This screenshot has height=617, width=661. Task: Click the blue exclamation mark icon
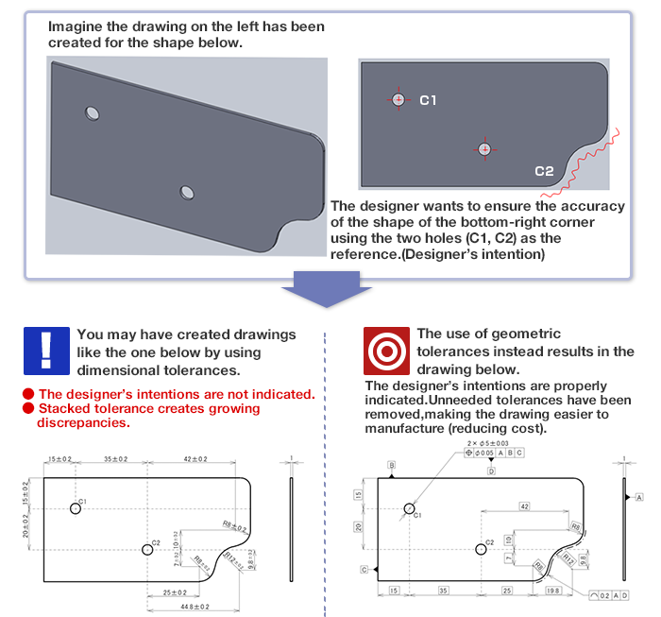46,351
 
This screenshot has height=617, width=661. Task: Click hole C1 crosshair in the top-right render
398,99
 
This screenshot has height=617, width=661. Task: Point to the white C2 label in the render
544,171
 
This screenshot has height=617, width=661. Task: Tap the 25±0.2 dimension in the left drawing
173,592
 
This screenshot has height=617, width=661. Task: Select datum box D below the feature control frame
491,470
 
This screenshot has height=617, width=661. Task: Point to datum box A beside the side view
639,496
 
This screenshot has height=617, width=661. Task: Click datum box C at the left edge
364,570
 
